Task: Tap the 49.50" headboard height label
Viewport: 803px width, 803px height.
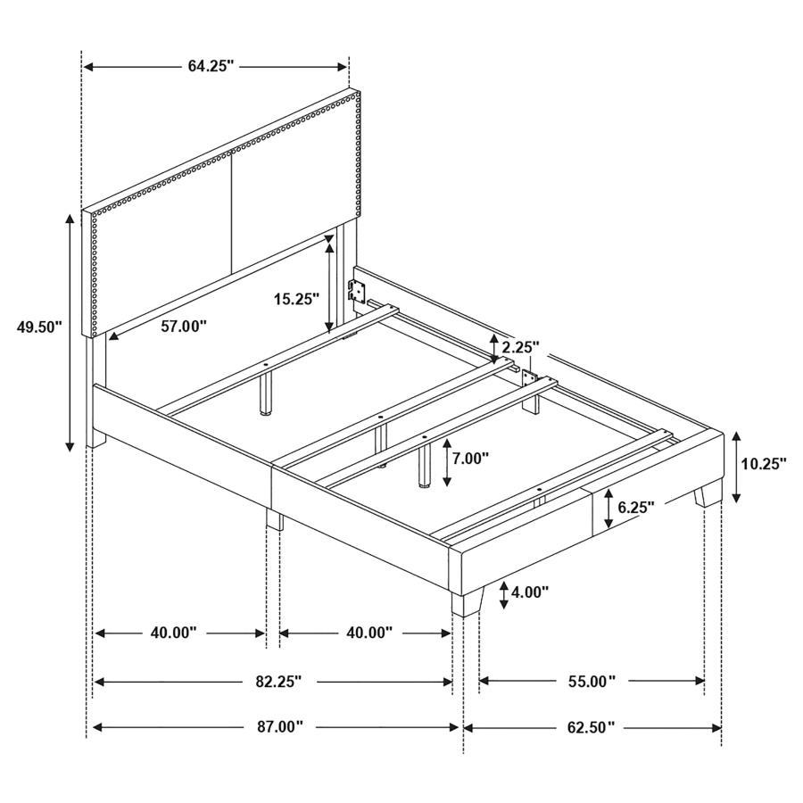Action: (x=39, y=327)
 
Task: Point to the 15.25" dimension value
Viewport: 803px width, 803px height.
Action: (x=294, y=300)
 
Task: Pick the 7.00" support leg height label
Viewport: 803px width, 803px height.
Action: (x=470, y=459)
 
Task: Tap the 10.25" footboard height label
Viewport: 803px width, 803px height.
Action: (x=764, y=464)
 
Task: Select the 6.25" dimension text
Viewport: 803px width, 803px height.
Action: (x=635, y=507)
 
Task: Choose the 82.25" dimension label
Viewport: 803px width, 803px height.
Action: (x=274, y=682)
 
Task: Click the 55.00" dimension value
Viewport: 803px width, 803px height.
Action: (x=591, y=682)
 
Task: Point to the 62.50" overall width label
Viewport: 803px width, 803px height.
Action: (x=591, y=728)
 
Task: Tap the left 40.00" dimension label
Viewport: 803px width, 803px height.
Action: (x=172, y=633)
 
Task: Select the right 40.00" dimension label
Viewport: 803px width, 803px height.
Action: (x=368, y=633)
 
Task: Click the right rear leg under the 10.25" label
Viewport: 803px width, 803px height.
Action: (x=710, y=494)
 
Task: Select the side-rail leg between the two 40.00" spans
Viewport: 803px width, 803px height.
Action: (x=274, y=519)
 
